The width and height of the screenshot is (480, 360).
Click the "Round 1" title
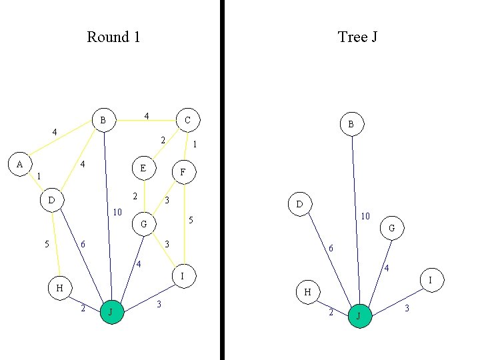(x=113, y=37)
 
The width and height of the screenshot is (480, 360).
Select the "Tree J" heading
(x=358, y=37)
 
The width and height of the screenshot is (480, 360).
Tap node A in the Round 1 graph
(x=20, y=163)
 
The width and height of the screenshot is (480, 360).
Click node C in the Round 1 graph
(x=187, y=120)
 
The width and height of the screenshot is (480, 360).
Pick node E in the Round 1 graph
(x=143, y=168)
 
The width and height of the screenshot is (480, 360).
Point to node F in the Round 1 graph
(x=183, y=173)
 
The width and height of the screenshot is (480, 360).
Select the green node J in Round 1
(x=112, y=312)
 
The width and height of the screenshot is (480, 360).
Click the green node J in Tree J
(x=359, y=316)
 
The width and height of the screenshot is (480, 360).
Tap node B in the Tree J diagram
(x=351, y=124)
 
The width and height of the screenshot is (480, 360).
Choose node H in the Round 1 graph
(x=59, y=288)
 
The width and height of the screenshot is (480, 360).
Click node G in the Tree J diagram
(x=392, y=229)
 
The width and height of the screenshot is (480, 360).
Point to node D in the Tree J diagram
(x=299, y=203)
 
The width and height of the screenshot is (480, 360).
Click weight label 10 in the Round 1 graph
(x=117, y=213)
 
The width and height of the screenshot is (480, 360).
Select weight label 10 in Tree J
(x=365, y=217)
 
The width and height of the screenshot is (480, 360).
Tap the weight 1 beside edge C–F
(x=194, y=144)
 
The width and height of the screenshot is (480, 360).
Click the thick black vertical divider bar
(x=221, y=180)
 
